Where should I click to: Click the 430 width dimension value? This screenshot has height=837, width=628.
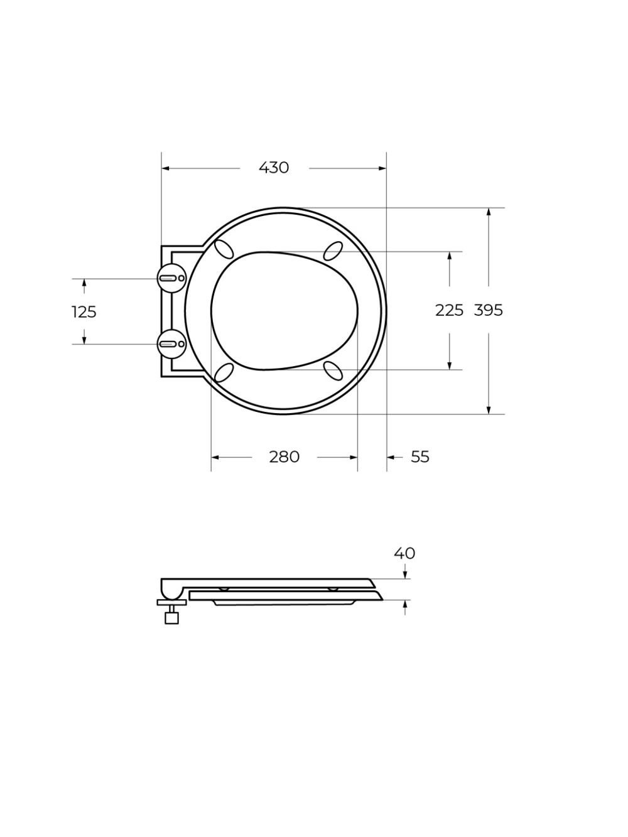click(274, 168)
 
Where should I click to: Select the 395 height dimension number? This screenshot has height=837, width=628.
click(489, 310)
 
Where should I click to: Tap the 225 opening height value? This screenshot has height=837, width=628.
click(449, 310)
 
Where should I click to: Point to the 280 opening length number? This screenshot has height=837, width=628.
click(284, 457)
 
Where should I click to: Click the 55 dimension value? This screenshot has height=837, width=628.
click(420, 457)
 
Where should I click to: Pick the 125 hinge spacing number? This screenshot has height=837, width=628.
click(84, 312)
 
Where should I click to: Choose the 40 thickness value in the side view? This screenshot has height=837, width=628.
click(404, 553)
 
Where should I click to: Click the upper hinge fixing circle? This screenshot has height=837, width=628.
click(172, 278)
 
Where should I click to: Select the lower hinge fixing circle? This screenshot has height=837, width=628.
click(172, 344)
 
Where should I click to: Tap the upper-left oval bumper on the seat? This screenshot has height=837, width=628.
click(224, 249)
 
